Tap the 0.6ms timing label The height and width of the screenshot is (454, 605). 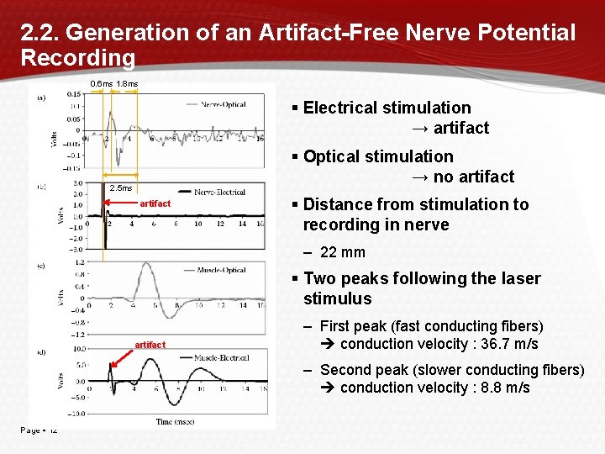[x=102, y=84]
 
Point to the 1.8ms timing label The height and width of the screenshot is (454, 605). [x=128, y=84]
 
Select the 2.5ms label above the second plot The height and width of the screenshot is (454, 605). [x=121, y=187]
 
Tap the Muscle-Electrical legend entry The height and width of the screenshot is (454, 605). [x=221, y=357]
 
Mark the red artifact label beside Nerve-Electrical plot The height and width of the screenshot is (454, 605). [x=155, y=203]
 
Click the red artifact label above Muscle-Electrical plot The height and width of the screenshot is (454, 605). [x=150, y=345]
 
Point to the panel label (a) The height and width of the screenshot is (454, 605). [x=41, y=98]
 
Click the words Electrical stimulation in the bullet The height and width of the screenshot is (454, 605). [x=387, y=108]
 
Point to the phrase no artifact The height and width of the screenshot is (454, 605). [x=472, y=177]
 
